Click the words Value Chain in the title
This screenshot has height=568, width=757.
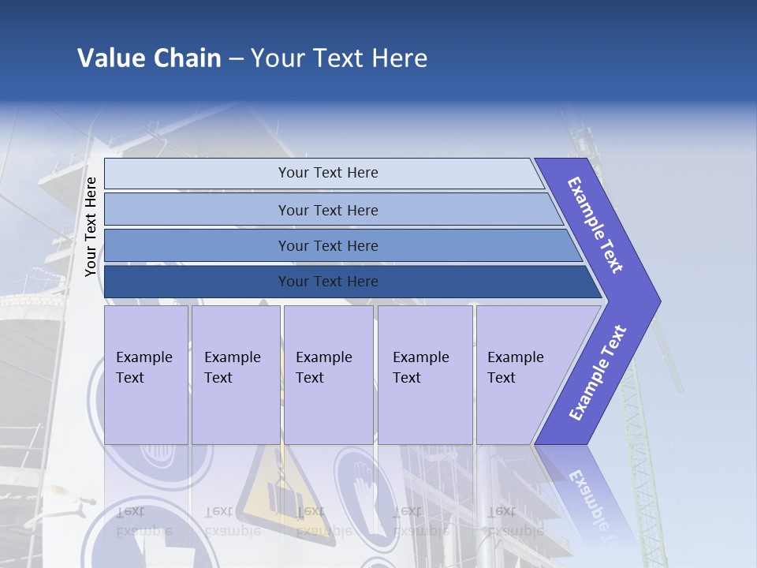click(149, 58)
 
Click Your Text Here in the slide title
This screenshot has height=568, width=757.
click(339, 58)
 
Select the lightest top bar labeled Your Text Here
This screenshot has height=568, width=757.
click(327, 173)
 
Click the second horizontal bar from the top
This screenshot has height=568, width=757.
click(327, 210)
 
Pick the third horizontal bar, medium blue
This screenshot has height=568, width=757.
click(327, 245)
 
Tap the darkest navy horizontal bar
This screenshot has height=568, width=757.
click(327, 282)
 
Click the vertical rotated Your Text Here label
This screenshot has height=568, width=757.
click(91, 226)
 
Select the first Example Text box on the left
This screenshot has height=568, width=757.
click(146, 375)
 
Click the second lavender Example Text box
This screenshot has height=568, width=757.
click(235, 375)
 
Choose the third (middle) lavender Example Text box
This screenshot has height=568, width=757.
click(328, 375)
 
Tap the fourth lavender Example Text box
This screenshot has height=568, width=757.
click(424, 375)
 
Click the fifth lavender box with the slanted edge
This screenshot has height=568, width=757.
click(520, 375)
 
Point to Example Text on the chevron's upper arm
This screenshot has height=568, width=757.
click(595, 225)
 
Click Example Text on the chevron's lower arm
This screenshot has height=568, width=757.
click(597, 373)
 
